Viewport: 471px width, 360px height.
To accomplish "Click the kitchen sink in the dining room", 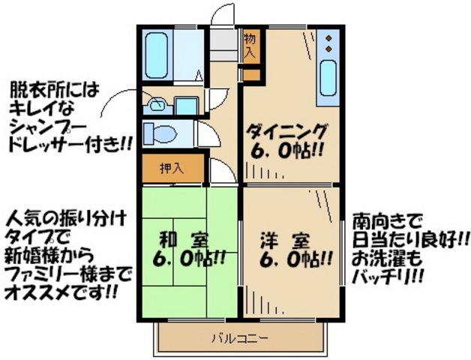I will (328, 79).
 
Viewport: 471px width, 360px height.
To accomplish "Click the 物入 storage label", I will (250, 46).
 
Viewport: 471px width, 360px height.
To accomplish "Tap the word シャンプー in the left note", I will (42, 126).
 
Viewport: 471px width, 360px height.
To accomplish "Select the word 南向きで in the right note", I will (387, 223).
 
